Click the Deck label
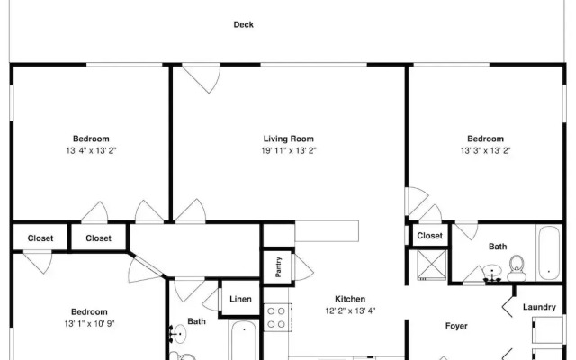(x=244, y=24)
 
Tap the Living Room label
(x=288, y=139)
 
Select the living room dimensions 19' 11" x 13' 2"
(x=289, y=150)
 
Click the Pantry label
(x=278, y=267)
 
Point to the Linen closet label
(x=240, y=299)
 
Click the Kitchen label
(x=350, y=299)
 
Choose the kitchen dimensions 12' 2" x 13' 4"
(x=350, y=311)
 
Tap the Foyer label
(x=456, y=326)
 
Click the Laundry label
(x=539, y=307)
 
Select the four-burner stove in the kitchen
(x=278, y=318)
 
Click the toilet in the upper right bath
(x=517, y=268)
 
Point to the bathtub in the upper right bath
(x=549, y=253)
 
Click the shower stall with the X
(x=432, y=265)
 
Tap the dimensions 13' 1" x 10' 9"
(x=89, y=324)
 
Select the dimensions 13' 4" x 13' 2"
(x=91, y=150)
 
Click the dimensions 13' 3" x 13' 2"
(x=486, y=150)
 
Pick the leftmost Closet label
(x=40, y=238)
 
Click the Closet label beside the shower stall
(x=430, y=236)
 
